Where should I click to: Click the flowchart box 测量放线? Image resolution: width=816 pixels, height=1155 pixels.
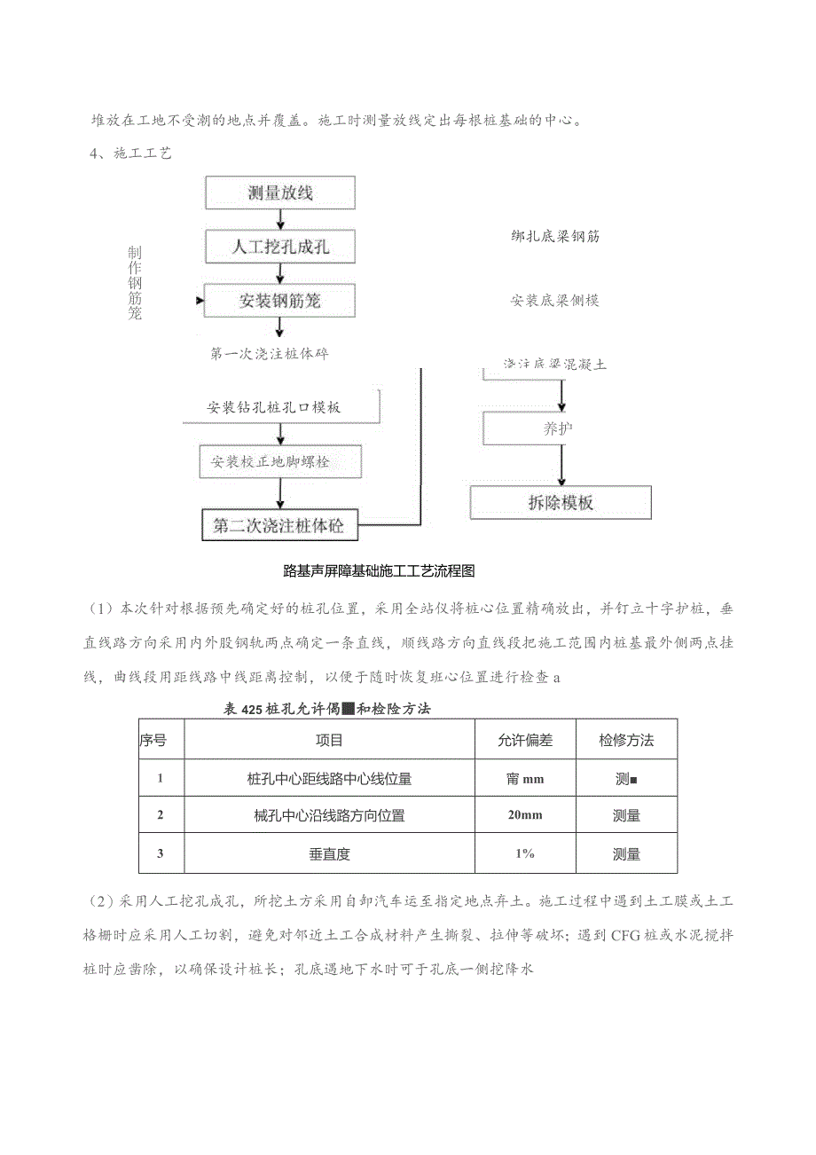(279, 193)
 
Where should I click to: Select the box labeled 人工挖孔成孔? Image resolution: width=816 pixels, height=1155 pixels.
(279, 247)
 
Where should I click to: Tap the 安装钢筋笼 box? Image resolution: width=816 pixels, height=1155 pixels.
(279, 301)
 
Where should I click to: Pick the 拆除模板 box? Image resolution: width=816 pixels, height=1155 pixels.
(561, 503)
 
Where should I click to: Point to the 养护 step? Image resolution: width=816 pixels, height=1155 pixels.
(559, 429)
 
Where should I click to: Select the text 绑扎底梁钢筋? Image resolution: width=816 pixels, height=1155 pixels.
(554, 237)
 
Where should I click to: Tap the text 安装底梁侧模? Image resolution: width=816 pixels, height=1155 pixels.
(554, 301)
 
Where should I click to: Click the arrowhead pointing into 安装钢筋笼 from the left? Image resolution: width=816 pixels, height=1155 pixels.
(199, 302)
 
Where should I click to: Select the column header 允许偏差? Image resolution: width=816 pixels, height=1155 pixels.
(525, 740)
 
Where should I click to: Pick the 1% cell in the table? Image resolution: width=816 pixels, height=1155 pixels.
(525, 853)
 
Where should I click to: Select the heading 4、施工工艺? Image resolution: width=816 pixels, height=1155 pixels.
(130, 153)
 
